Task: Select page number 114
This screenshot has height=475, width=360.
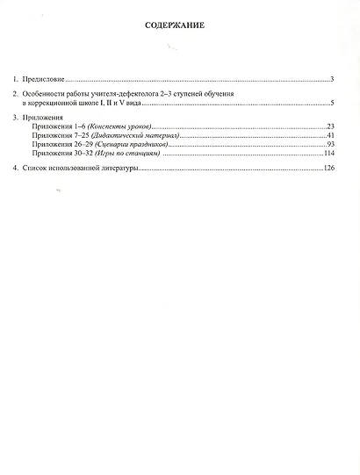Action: [328, 155]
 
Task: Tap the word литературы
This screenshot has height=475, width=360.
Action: [119, 168]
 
